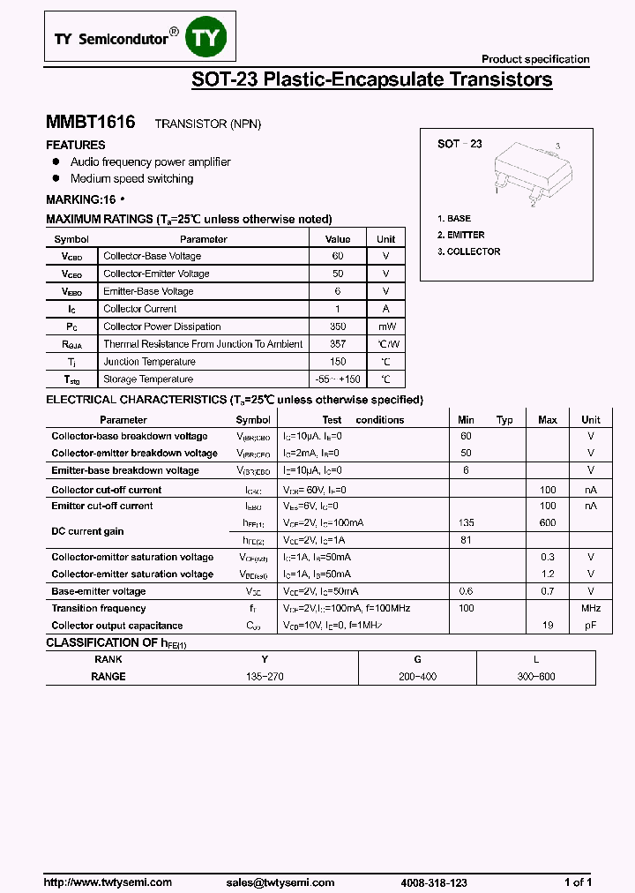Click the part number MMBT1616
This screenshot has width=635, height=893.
90,123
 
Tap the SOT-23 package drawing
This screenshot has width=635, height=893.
527,173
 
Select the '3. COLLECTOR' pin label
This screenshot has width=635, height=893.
468,251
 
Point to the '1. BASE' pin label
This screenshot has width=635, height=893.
454,218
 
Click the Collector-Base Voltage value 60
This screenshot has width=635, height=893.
338,256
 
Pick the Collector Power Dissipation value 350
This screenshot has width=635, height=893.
338,326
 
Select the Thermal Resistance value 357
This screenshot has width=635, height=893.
338,344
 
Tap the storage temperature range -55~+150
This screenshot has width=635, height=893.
338,379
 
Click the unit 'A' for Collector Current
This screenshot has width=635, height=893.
385,309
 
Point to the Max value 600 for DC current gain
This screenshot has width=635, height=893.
548,522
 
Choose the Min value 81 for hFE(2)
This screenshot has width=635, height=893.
467,539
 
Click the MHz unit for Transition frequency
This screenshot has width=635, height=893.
591,608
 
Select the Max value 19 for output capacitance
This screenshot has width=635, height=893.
548,626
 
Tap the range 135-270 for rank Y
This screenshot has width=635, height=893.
265,677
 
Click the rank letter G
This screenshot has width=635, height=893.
418,659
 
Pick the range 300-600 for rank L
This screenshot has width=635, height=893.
536,677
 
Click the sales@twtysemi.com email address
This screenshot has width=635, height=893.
280,882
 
